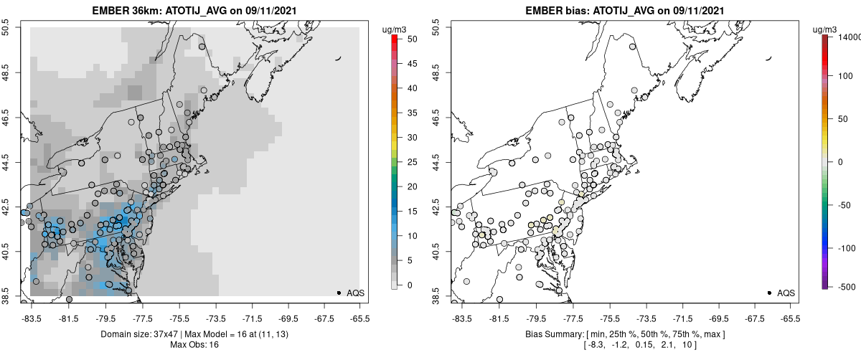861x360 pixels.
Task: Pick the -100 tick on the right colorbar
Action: coord(848,247)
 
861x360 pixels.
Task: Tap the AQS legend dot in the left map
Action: coord(339,293)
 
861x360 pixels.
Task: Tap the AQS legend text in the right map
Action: coord(786,293)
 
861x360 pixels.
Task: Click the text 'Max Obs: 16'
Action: coord(195,345)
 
